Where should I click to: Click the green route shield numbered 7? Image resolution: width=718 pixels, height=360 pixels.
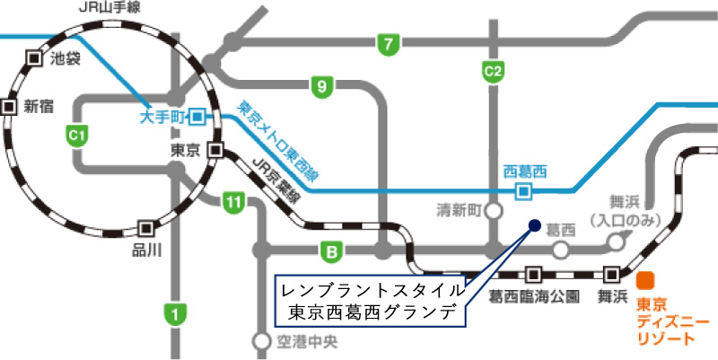388,43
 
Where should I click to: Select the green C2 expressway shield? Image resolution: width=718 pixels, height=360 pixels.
493,70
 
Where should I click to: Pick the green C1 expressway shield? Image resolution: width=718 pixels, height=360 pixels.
78,135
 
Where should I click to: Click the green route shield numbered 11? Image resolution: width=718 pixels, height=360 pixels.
233,204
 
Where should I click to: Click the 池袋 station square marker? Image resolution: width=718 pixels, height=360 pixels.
34,57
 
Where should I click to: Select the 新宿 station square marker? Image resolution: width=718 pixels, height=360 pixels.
9,106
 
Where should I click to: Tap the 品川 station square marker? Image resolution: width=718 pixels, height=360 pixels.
144,228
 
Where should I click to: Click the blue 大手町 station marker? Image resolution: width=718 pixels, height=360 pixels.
197,116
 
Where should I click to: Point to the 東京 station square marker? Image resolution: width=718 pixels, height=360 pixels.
215,150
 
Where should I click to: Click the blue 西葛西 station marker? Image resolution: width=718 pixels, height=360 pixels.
523,190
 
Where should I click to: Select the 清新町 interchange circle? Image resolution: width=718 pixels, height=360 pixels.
492,212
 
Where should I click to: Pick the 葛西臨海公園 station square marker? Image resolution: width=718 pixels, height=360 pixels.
534,274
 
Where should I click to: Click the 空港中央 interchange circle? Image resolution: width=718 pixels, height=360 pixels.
260,341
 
